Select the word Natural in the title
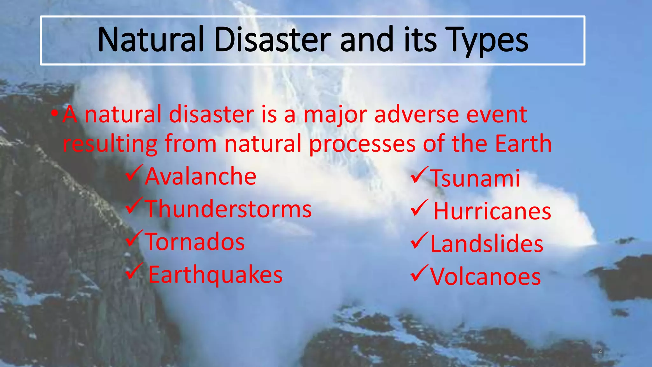[150, 40]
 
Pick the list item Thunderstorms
[228, 209]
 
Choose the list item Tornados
[195, 242]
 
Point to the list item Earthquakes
[215, 275]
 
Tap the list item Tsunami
[475, 178]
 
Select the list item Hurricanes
[492, 212]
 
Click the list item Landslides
[487, 244]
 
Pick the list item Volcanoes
[485, 277]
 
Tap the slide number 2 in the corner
[600, 351]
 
